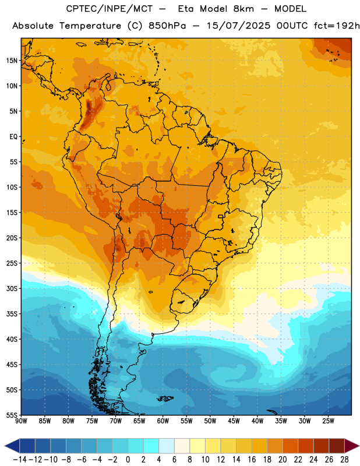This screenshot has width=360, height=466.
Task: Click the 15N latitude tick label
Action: (12, 61)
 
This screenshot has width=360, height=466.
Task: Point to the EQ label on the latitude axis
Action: (13, 137)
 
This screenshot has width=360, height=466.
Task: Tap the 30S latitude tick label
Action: (12, 288)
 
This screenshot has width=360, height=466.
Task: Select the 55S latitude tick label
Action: (12, 415)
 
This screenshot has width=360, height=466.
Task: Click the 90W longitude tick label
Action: (21, 421)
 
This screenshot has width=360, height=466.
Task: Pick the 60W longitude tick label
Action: (163, 421)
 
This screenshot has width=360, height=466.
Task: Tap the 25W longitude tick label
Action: (328, 421)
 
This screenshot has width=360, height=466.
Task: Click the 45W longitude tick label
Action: (234, 421)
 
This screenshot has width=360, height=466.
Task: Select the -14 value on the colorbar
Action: (20, 460)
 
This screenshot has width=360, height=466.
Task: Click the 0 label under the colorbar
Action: (128, 460)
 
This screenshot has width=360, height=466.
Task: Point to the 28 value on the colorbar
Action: (344, 460)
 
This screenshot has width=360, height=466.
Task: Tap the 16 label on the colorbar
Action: (252, 460)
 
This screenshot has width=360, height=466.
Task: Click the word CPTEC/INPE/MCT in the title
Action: (110, 9)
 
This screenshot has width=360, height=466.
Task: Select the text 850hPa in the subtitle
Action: (167, 26)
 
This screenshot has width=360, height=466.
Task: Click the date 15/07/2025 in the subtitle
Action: (238, 26)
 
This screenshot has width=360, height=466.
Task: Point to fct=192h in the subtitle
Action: (337, 26)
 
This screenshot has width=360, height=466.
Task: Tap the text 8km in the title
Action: (243, 9)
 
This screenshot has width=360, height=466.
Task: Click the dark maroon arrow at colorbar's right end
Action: (352, 446)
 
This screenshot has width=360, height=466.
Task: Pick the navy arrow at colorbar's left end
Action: (12, 446)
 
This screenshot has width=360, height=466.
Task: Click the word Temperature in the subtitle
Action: (90, 26)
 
